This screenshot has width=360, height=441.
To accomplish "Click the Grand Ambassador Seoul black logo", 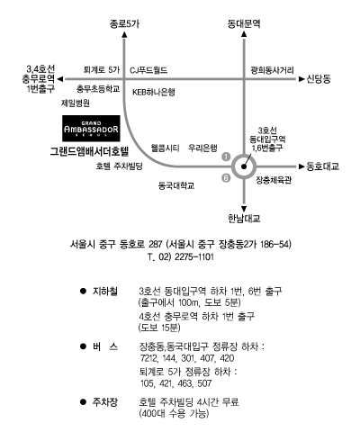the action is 91,129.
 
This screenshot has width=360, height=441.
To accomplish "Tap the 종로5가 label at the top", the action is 124,24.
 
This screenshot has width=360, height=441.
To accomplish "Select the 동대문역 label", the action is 244,23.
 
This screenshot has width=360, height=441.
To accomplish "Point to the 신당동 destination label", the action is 319,79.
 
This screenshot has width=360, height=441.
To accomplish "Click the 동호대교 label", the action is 323,166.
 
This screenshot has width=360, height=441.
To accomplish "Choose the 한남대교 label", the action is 244,218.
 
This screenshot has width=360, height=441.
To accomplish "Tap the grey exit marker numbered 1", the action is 226,157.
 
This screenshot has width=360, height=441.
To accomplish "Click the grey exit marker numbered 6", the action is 226,178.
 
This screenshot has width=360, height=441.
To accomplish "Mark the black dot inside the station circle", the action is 244,166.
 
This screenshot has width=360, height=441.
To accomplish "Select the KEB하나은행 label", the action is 154,92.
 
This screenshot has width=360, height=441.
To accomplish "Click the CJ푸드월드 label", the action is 148,70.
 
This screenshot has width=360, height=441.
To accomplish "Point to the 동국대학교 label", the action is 176,185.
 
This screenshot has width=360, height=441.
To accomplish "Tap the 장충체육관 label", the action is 274,180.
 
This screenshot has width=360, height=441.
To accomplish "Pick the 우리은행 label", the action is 202,148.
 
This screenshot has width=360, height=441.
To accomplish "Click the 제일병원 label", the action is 76,103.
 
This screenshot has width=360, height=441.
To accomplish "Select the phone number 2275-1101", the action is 194,257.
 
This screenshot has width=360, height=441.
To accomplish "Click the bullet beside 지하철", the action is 83,291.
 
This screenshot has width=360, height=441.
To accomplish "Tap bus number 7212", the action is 149,358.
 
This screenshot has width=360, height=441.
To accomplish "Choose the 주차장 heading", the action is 105,402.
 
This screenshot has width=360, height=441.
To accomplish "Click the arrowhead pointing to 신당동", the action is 301,79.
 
